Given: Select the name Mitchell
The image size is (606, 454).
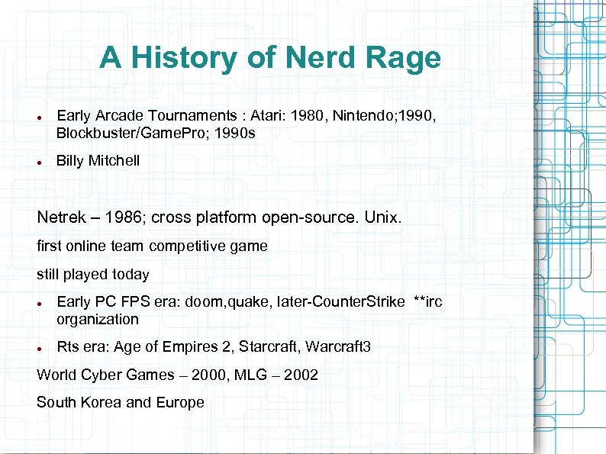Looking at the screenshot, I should click(114, 160).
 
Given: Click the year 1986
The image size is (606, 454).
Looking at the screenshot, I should click(122, 217).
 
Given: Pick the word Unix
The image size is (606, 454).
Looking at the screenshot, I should click(382, 217).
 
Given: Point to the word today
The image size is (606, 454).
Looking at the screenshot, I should click(131, 274).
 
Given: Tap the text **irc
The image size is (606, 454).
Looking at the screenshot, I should click(427, 302).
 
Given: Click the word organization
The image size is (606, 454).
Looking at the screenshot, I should click(98, 320).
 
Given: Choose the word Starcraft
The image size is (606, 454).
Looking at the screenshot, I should click(269, 347).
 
